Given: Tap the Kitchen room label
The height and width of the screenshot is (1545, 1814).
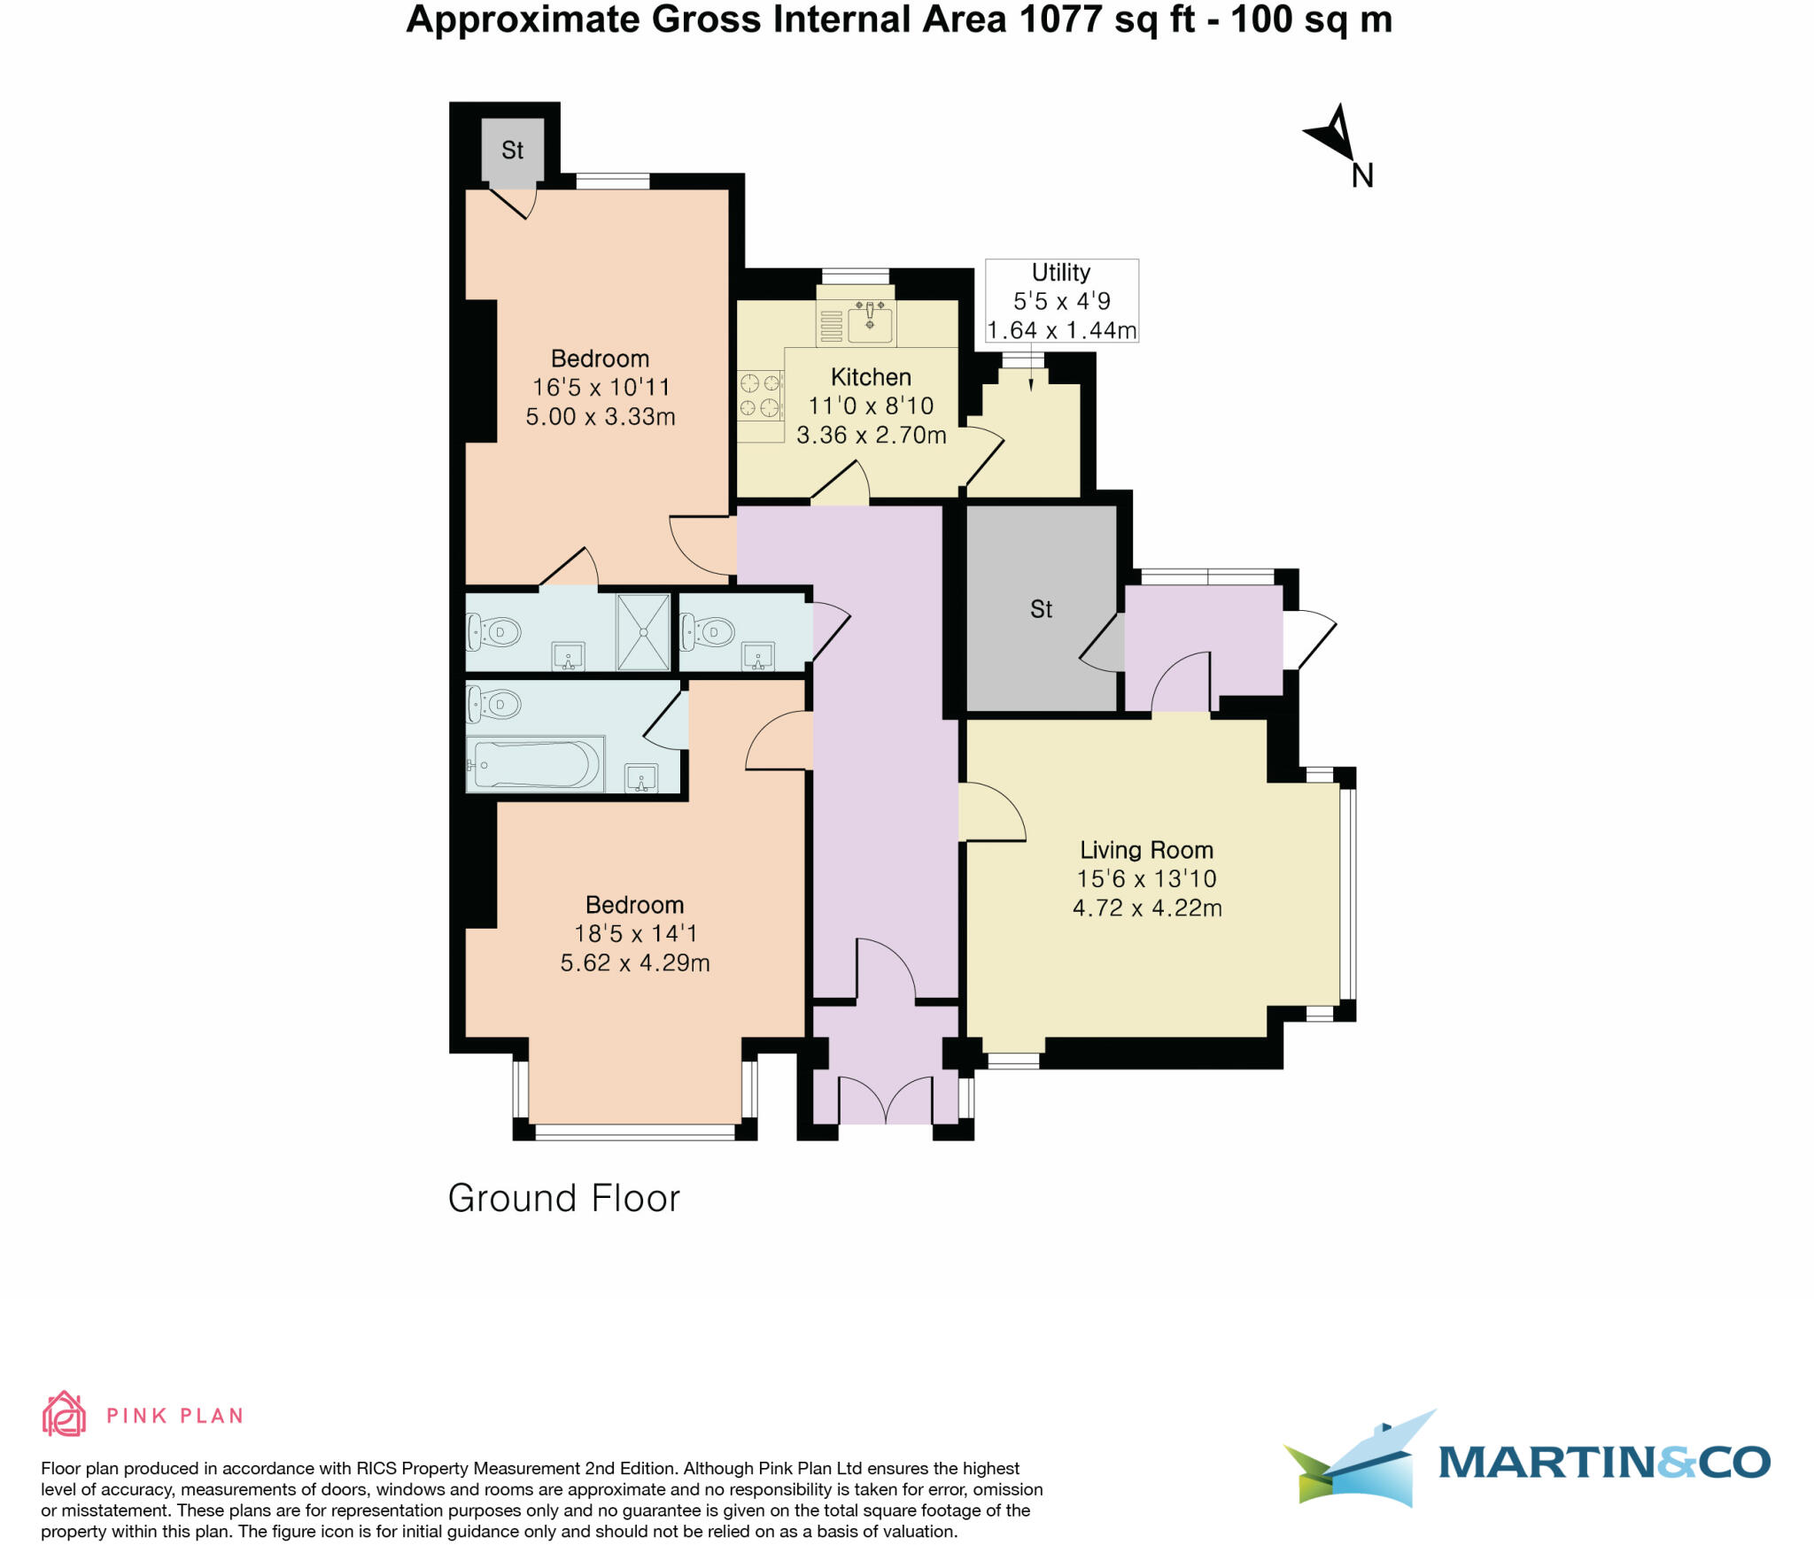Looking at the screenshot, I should tap(871, 377).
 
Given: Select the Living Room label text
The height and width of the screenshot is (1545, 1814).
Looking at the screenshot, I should tap(1146, 850).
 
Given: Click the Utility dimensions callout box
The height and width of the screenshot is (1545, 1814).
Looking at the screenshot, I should tap(1061, 301).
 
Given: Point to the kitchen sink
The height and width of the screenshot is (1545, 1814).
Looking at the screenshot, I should tap(870, 323).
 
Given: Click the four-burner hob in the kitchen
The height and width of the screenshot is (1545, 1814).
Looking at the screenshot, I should tap(760, 395).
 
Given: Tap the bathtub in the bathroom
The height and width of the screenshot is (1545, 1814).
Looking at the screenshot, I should tap(536, 763).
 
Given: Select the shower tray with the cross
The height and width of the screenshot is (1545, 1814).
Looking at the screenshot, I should tap(643, 632).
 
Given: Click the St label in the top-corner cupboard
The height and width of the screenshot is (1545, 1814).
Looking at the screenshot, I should tap(512, 151).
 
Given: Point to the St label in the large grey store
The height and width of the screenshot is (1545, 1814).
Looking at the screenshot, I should tap(1041, 609).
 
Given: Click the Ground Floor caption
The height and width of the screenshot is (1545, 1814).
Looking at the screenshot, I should tap(563, 1199).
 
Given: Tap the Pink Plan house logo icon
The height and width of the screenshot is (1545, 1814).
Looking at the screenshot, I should tap(64, 1414).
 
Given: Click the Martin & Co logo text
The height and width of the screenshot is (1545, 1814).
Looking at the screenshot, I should tap(1603, 1462).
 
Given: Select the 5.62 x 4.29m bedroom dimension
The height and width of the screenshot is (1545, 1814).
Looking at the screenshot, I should tap(634, 963).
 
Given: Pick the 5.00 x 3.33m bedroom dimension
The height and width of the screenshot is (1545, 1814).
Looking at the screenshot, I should tap(600, 417).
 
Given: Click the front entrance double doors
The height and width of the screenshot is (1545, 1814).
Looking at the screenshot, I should tap(886, 1101).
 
